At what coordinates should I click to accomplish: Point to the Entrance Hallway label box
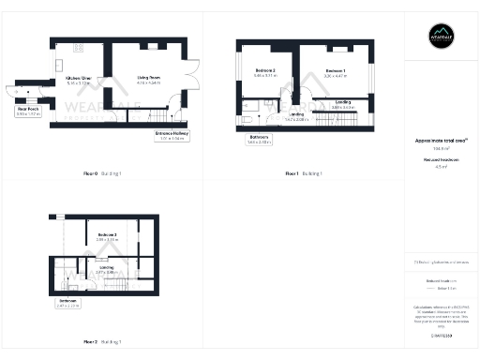click(170, 136)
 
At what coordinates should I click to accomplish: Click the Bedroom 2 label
click(264, 71)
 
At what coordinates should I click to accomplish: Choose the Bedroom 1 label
click(336, 71)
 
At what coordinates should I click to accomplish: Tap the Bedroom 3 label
click(106, 236)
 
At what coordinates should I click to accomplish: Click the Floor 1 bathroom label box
click(260, 139)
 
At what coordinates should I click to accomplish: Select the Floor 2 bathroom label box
click(67, 303)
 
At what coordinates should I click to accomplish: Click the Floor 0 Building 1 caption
click(102, 174)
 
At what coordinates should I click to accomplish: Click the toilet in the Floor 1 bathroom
click(245, 119)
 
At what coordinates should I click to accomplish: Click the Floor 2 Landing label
click(106, 269)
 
